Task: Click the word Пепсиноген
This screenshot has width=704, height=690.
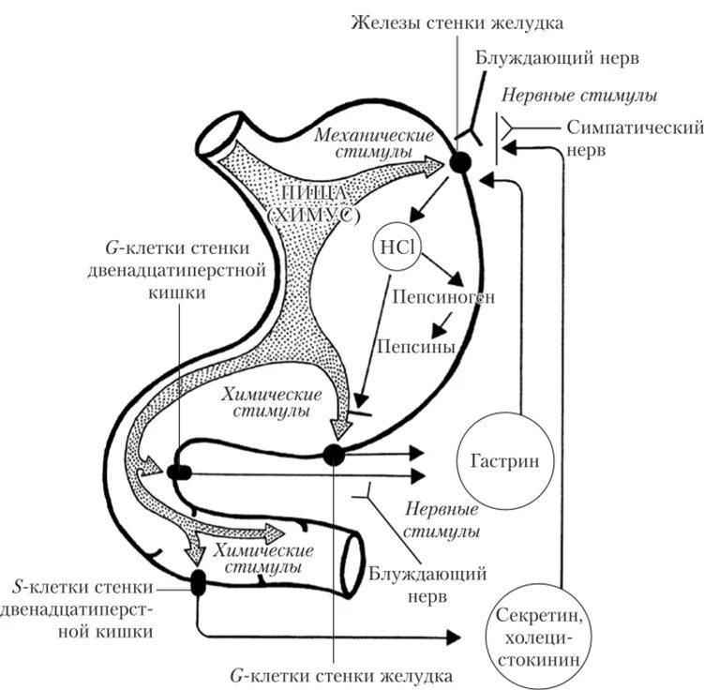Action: (x=443, y=297)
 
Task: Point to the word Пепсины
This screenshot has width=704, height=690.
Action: (x=416, y=347)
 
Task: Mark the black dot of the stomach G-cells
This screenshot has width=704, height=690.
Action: (x=333, y=456)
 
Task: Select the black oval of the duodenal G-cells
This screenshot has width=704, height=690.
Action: (x=179, y=472)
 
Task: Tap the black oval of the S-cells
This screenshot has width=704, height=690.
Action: (x=198, y=582)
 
